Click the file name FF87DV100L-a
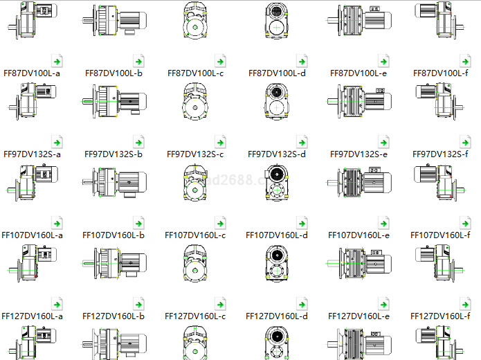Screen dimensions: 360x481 click(x=32, y=73)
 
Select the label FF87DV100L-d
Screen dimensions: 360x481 click(x=277, y=73)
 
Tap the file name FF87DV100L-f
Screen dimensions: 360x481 click(x=441, y=73)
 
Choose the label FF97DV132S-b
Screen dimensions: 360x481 click(x=114, y=154)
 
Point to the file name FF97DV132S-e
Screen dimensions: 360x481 click(x=359, y=154)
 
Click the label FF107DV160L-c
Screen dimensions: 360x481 click(x=195, y=235)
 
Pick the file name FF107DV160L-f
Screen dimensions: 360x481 click(x=440, y=235)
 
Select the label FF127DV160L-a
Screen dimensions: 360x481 click(x=32, y=316)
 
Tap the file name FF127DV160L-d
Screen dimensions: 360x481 click(x=277, y=316)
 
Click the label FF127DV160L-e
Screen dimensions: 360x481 click(x=359, y=316)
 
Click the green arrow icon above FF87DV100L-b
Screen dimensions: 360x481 click(x=139, y=61)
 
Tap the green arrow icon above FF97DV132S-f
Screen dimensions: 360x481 click(x=466, y=142)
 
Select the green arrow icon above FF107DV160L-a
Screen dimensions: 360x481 click(x=57, y=224)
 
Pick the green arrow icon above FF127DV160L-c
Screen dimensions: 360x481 click(x=221, y=305)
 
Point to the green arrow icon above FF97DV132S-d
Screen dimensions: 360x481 click(x=302, y=142)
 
